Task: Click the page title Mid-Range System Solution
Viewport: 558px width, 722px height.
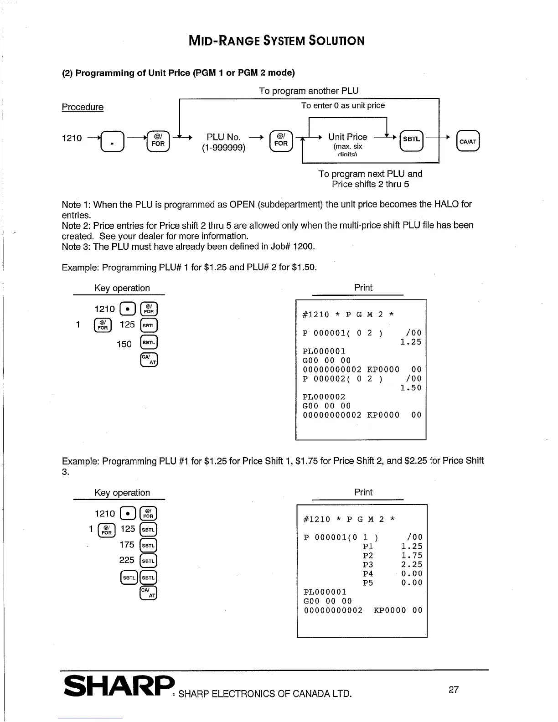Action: point(277,41)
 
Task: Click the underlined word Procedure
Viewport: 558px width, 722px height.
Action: point(83,107)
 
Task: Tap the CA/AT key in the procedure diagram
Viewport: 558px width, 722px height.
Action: point(468,141)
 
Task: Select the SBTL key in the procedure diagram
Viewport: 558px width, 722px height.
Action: point(411,139)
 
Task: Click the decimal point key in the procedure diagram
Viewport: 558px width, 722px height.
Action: point(111,141)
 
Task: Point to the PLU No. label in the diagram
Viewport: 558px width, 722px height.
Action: point(223,137)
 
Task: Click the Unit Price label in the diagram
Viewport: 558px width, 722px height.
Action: point(347,137)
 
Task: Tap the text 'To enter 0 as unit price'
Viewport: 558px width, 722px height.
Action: point(343,105)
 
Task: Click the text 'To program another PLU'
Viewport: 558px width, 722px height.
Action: point(309,91)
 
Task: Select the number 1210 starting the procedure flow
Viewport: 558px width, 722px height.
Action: point(72,138)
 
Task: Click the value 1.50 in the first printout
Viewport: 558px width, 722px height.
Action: point(411,388)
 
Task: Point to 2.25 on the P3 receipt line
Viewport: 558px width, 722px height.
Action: point(412,565)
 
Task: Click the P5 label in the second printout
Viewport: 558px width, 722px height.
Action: point(368,583)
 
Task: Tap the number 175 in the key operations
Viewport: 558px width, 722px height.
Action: point(127,545)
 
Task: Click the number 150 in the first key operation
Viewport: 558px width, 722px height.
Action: point(124,344)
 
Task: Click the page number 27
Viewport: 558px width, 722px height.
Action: point(454,690)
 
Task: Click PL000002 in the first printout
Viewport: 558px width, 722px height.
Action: point(324,397)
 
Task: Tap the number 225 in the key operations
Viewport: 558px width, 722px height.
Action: point(127,560)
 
